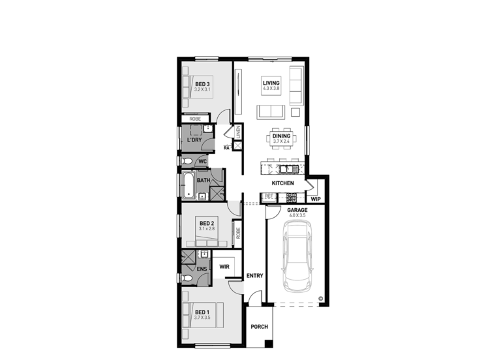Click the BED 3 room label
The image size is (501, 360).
point(202,84)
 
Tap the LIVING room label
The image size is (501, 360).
point(271,83)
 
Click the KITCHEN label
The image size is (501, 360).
point(283,183)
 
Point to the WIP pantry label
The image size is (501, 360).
point(316,199)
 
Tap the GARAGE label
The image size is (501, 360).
point(297,210)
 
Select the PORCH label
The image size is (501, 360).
point(260,326)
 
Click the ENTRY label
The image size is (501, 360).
point(254,276)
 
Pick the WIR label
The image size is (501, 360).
point(224,266)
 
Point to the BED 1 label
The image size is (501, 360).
point(202,312)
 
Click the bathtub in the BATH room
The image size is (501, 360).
point(187,185)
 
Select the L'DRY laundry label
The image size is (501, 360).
point(194,140)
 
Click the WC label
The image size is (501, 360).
point(202,160)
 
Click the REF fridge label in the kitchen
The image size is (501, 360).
point(268,196)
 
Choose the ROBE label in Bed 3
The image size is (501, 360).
point(195,119)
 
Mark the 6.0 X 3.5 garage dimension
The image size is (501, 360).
point(297,215)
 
